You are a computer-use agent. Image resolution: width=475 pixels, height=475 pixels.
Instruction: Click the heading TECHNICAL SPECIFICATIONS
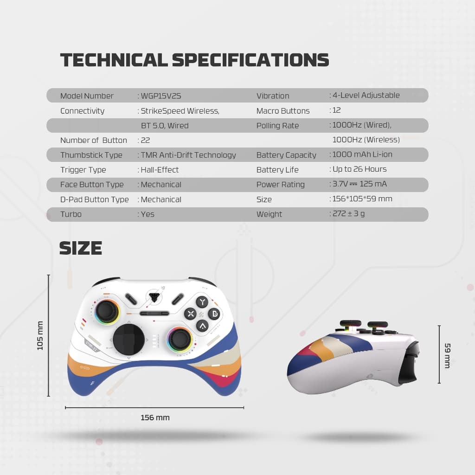click(x=194, y=60)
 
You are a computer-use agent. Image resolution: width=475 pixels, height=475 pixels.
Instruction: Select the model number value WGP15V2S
click(x=160, y=96)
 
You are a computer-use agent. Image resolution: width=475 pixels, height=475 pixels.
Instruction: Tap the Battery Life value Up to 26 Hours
click(x=359, y=169)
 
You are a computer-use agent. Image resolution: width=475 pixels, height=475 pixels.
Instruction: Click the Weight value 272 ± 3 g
click(x=348, y=214)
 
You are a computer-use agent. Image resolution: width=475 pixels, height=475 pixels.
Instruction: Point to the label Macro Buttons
click(x=283, y=111)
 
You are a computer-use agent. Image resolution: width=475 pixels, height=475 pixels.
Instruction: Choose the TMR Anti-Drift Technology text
click(x=188, y=155)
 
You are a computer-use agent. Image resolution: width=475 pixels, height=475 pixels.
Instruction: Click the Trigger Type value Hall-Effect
click(x=160, y=170)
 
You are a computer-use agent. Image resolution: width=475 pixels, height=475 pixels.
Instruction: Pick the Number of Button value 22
click(x=145, y=140)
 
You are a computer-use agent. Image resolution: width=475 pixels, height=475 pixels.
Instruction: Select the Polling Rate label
click(x=277, y=126)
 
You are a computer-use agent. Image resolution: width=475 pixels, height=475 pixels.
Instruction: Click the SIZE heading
click(x=81, y=248)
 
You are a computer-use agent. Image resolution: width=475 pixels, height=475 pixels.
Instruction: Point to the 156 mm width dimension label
click(x=155, y=417)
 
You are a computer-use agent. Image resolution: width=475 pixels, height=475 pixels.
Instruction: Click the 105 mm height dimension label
click(x=40, y=335)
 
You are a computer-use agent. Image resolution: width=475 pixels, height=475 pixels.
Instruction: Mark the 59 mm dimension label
click(x=447, y=355)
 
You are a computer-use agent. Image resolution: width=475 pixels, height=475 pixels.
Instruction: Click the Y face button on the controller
click(x=202, y=302)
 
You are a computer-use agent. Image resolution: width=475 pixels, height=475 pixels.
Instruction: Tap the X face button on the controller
click(x=190, y=314)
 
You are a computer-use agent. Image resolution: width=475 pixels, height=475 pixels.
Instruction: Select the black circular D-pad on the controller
click(x=129, y=340)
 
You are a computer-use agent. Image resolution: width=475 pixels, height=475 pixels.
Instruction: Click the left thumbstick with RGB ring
click(x=107, y=310)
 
